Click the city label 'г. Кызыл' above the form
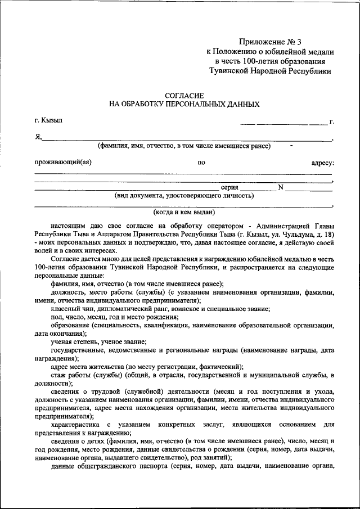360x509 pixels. click(x=48, y=120)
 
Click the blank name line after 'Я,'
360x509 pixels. click(x=186, y=139)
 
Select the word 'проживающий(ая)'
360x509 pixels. click(x=62, y=163)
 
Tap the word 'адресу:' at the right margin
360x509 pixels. click(x=322, y=163)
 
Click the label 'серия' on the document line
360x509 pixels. click(x=229, y=187)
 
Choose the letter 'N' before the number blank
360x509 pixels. click(x=280, y=187)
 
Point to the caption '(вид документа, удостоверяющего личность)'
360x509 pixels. click(x=184, y=196)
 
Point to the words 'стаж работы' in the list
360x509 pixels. click(x=69, y=374)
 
